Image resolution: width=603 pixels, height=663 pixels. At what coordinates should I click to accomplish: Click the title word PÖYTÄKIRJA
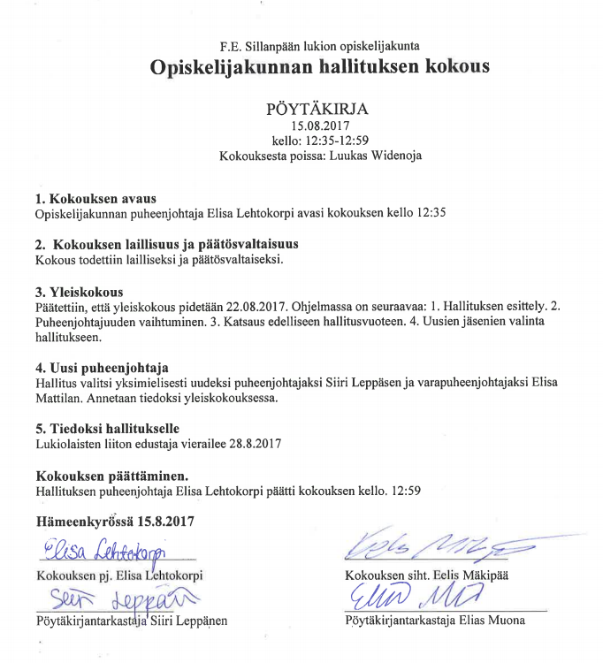[x=317, y=110]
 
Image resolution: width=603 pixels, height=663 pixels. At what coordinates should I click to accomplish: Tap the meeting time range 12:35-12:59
[x=334, y=141]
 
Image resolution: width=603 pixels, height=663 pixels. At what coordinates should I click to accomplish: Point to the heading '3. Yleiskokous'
[x=79, y=292]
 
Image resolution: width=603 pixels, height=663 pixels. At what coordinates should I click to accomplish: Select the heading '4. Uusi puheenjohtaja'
[x=102, y=367]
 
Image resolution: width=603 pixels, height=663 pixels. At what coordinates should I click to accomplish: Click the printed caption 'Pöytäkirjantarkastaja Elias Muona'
[x=433, y=620]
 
